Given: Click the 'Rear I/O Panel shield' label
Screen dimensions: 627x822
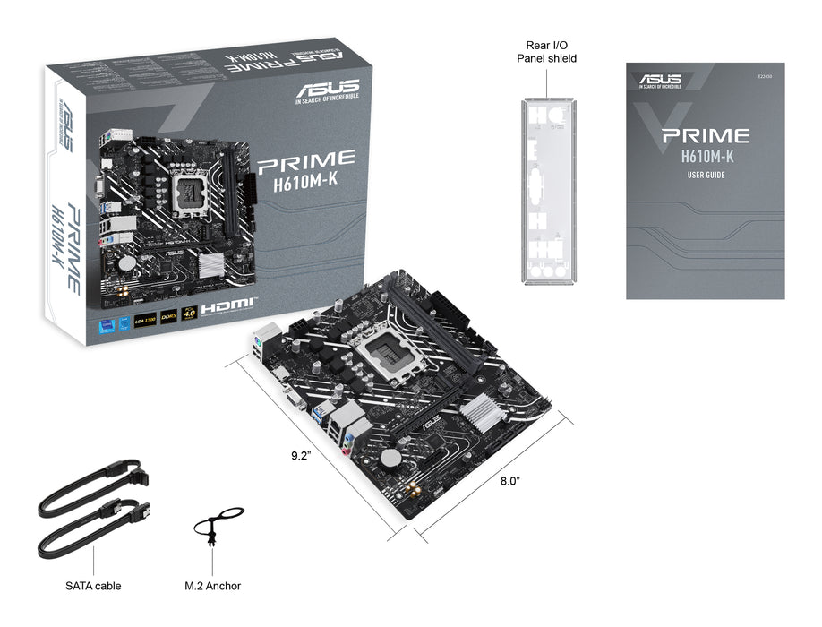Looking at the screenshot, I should (546, 51).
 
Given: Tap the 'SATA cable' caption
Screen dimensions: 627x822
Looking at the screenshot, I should (93, 586).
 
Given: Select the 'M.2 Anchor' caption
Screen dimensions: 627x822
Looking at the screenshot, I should (212, 586).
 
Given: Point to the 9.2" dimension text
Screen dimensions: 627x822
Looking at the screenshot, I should (300, 455).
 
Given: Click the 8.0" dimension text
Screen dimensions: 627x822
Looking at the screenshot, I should (509, 481).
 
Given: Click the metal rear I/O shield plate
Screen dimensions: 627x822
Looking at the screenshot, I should (547, 190).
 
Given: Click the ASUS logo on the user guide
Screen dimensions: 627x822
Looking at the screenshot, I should (660, 81).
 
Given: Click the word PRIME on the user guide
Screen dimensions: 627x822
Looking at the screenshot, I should (705, 137).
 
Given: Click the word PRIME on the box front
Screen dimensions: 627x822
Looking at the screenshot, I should (306, 161).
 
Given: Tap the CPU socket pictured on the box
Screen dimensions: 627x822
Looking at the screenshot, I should (197, 190).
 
